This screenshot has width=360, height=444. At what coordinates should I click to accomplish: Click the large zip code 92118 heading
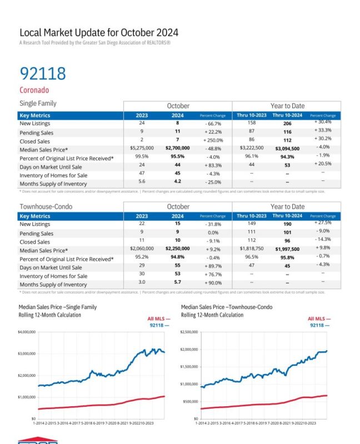tap(43, 73)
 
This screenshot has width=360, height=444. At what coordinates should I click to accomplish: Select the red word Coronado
tap(34, 90)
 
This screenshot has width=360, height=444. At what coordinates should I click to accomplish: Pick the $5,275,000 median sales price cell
tap(142, 149)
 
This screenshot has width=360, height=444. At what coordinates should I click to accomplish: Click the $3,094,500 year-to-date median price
tap(288, 149)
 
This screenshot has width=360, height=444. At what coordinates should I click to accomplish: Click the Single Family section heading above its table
tap(38, 103)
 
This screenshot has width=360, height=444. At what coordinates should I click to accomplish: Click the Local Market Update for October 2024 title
tap(99, 33)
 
